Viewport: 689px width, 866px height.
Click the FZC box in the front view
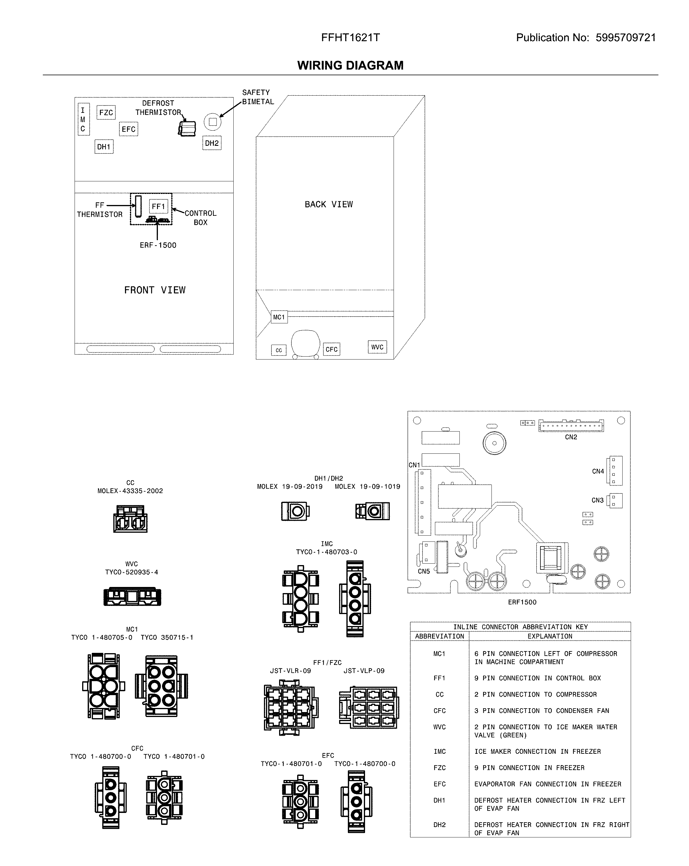pyautogui.click(x=106, y=113)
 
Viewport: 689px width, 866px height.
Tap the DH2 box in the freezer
pyautogui.click(x=212, y=143)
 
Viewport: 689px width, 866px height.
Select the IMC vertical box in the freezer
pyautogui.click(x=83, y=119)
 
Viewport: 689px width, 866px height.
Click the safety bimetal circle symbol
pyautogui.click(x=213, y=122)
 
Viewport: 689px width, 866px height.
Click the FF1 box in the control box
pyautogui.click(x=158, y=206)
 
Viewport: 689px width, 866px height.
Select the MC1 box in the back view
pyautogui.click(x=279, y=317)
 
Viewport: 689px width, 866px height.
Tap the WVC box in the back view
pyautogui.click(x=377, y=347)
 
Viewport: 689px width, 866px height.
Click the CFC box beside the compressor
pyautogui.click(x=332, y=349)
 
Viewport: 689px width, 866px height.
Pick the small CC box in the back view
pyautogui.click(x=279, y=350)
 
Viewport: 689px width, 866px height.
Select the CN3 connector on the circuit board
pyautogui.click(x=616, y=500)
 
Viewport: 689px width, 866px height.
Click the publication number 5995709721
pyautogui.click(x=625, y=38)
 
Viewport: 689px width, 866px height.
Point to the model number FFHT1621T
pyautogui.click(x=350, y=38)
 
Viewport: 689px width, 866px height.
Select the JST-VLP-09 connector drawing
pyautogui.click(x=368, y=707)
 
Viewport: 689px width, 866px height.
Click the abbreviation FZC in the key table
pyautogui.click(x=439, y=767)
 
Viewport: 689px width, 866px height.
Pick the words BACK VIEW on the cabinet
pyautogui.click(x=329, y=204)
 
